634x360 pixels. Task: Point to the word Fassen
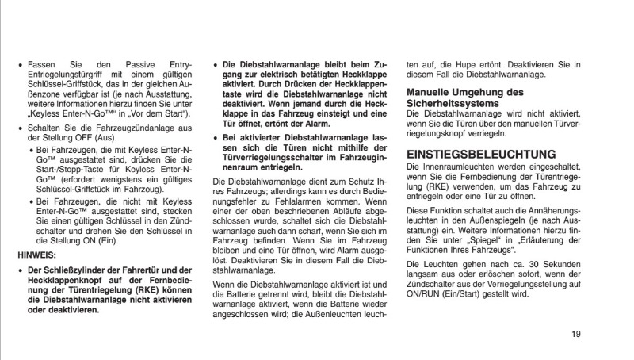[40, 63]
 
